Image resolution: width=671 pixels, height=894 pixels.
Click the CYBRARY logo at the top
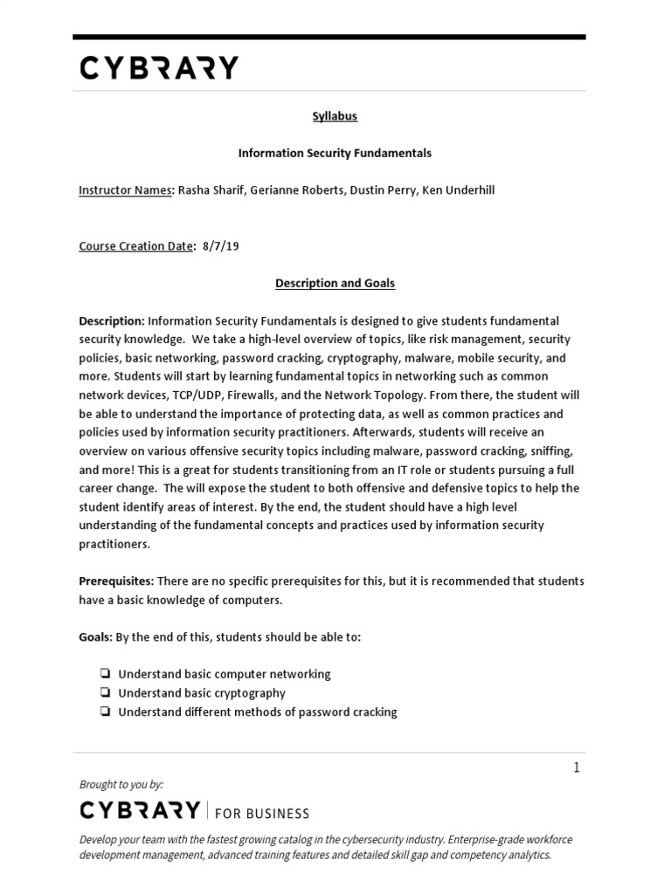coord(158,68)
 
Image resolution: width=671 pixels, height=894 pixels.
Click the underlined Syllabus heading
coord(335,116)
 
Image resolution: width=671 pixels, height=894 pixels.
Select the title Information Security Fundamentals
coord(335,153)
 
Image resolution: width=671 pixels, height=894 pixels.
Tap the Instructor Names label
coord(126,189)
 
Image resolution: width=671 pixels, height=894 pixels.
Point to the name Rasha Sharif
coord(211,189)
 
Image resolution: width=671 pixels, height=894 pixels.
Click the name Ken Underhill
coord(458,189)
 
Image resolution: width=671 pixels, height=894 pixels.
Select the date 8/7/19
coord(220,246)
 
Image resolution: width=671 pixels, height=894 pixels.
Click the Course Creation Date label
coord(136,246)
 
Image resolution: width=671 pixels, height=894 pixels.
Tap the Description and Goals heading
coord(335,283)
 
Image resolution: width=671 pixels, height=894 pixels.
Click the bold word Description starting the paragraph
coord(111,320)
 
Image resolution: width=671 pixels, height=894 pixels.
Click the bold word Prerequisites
coord(115,581)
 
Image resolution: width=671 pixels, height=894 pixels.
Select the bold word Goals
coord(94,636)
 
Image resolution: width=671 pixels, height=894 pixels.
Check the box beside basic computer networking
coord(104,674)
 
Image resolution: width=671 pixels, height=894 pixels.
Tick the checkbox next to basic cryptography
coord(104,693)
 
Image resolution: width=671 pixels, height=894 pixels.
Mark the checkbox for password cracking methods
coord(104,712)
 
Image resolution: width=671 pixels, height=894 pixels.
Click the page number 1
coord(576,767)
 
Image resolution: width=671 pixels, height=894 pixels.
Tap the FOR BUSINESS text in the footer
coord(261,814)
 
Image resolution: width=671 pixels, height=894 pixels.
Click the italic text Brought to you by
coord(121,784)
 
